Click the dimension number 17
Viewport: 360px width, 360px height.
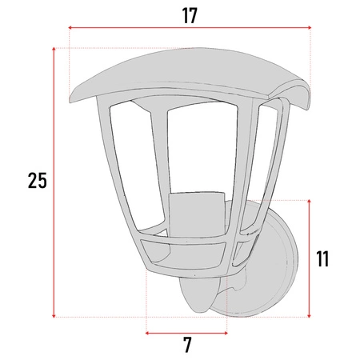pos(190,14)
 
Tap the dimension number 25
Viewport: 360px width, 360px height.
pos(37,181)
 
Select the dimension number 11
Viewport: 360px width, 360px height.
pos(322,258)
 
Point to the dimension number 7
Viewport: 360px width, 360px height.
pos(187,345)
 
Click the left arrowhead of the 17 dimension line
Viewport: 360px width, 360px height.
pos(70,28)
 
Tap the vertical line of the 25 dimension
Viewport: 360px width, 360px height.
pos(54,240)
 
